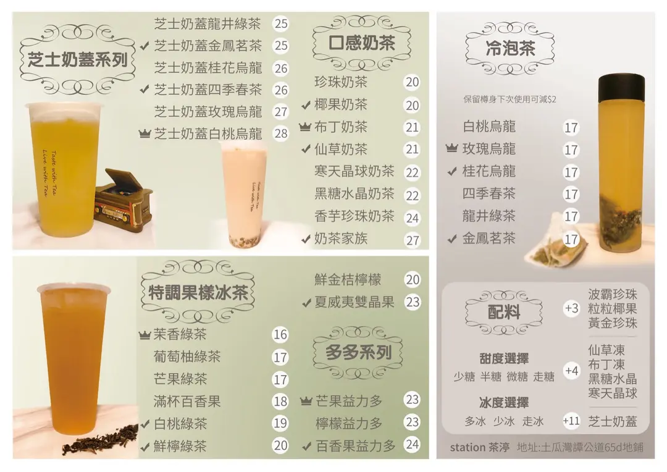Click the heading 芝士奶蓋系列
(x=77, y=59)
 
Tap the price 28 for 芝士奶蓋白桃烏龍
(x=281, y=133)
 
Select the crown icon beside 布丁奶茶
(x=305, y=127)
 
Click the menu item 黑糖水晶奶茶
(x=354, y=193)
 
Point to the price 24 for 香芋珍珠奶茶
(x=412, y=218)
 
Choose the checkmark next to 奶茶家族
(x=306, y=239)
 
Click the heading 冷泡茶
(x=511, y=49)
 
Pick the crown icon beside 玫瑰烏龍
(x=451, y=148)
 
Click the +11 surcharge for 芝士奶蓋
(x=571, y=421)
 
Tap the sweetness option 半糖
(x=490, y=377)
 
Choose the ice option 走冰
(x=533, y=421)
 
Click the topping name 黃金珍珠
(x=613, y=323)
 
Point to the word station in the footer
(x=468, y=447)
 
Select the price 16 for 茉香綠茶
(x=280, y=334)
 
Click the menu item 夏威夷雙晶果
(x=354, y=301)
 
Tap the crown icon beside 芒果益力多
(x=306, y=400)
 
